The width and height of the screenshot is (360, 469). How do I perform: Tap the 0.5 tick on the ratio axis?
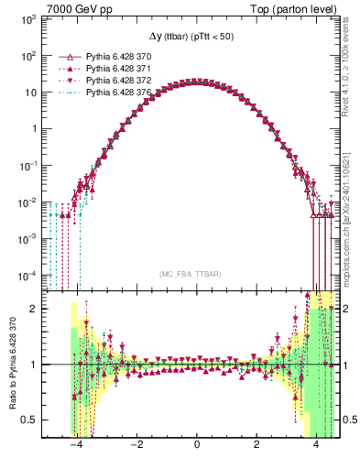[x=32, y=420]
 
